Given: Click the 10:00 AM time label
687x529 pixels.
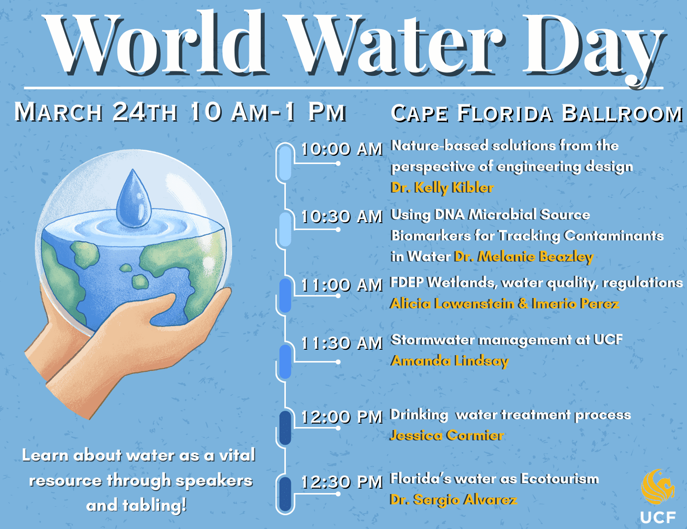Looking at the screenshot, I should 342,149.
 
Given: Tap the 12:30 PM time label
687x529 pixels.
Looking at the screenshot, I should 342,482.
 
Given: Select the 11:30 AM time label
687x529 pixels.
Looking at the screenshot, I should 342,343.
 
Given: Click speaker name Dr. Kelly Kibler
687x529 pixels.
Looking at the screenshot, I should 442,187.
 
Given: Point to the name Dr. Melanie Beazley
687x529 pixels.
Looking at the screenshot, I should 523,256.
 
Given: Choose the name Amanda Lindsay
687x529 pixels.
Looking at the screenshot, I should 449,361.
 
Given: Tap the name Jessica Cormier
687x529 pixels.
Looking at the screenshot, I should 447,435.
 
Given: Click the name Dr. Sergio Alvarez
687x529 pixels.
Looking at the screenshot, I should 453,499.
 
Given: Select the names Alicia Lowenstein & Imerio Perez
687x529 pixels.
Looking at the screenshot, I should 504,303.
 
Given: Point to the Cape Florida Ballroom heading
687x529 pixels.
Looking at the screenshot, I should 537,113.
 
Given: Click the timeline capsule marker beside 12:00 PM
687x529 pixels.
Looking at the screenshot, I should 285,428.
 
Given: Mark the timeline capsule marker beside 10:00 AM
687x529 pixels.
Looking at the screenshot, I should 285,163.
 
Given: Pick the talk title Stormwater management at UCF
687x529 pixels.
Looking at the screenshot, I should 507,339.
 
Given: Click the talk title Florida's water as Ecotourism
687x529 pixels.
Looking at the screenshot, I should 494,478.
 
